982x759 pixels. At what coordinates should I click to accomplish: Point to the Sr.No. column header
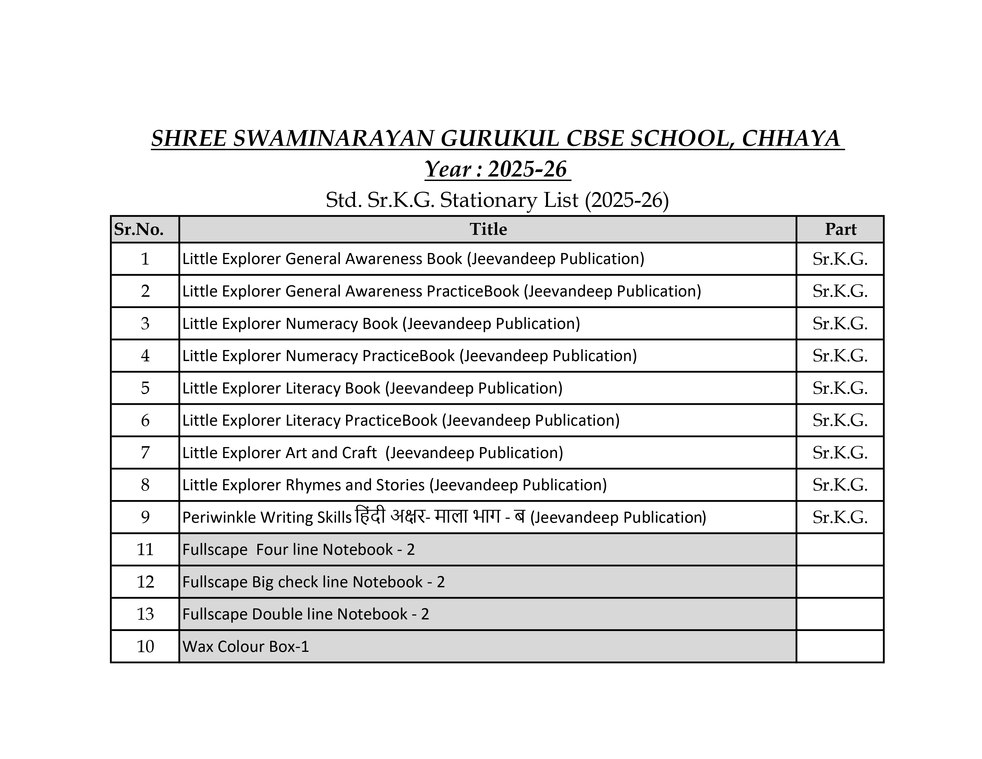click(x=139, y=229)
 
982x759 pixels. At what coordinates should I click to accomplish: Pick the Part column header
click(x=840, y=229)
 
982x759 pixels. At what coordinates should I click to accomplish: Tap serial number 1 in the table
click(x=145, y=259)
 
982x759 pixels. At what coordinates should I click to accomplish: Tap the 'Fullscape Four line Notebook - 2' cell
click(x=298, y=549)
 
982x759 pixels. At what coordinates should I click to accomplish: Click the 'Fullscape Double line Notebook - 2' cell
click(x=305, y=614)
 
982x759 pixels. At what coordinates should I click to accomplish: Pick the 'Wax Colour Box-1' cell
click(x=245, y=646)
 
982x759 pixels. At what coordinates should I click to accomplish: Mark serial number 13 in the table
click(x=145, y=614)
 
